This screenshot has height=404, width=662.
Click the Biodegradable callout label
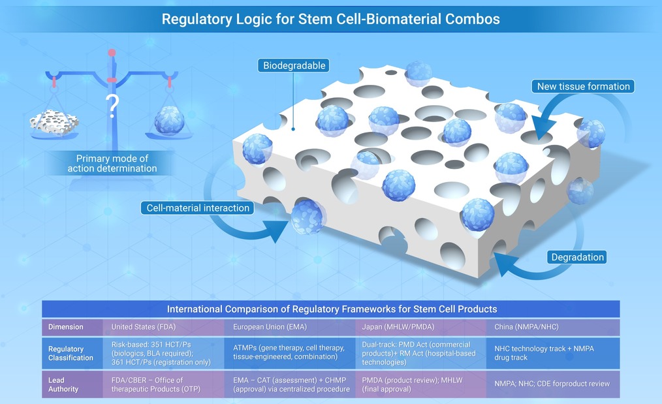[x=294, y=65]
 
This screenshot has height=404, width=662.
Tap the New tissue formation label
[x=583, y=87]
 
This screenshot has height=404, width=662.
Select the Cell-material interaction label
[x=198, y=208]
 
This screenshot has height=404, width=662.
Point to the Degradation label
[x=577, y=257]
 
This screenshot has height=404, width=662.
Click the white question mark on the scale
[x=112, y=106]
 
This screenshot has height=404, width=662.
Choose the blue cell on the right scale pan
[x=169, y=120]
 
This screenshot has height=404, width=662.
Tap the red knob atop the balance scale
[x=112, y=53]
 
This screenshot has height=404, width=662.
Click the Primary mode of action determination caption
[x=112, y=163]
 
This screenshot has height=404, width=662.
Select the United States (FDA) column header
[x=144, y=327]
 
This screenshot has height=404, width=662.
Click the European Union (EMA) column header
[x=270, y=327]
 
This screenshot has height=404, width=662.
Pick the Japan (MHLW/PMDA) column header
[x=398, y=327]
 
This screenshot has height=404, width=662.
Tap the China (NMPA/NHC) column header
[x=526, y=327]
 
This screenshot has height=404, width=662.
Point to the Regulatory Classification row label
[x=71, y=353]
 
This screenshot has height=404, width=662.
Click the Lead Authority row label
[x=63, y=384]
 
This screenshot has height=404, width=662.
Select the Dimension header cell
[x=65, y=327]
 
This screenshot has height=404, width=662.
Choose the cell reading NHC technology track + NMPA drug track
[x=544, y=353]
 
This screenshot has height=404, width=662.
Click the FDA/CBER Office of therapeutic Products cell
[x=156, y=384]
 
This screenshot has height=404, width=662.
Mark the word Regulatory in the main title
[x=197, y=20]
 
